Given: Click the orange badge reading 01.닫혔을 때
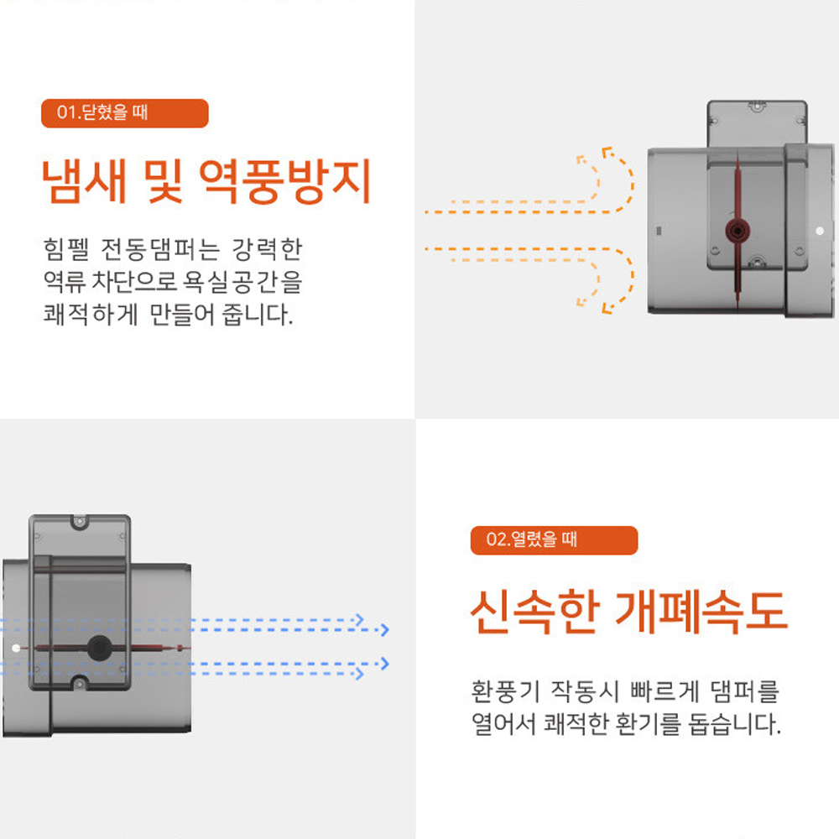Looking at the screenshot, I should (124, 113).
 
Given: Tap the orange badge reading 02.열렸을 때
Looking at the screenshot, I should (554, 539).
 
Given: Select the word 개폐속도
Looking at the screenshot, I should (701, 612).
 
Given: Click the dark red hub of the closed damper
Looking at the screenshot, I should (736, 229).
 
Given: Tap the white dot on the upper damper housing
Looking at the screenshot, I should (819, 229).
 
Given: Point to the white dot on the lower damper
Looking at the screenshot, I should (17, 648).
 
